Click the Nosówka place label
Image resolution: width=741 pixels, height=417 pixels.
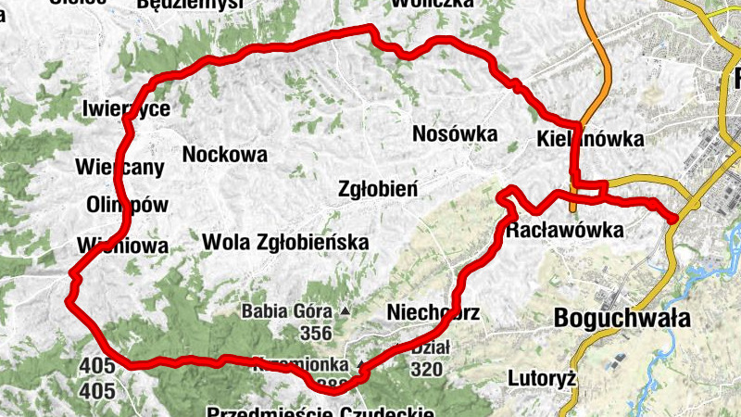click(455, 133)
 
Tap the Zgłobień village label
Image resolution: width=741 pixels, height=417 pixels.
click(377, 189)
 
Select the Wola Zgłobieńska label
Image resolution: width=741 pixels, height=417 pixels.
click(285, 242)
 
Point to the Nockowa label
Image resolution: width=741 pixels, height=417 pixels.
click(225, 154)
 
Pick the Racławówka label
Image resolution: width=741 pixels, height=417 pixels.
click(564, 230)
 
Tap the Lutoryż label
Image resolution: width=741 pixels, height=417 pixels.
click(543, 378)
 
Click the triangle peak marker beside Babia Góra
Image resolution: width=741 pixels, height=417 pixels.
click(345, 311)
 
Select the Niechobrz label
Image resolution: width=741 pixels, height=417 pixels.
click(433, 312)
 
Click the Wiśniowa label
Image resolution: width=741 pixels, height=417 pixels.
click(123, 246)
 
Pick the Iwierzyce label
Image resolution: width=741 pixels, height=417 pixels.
click(126, 108)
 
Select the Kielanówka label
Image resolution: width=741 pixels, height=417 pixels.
click(589, 139)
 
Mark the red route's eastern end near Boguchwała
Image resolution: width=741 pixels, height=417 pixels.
click(672, 217)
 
